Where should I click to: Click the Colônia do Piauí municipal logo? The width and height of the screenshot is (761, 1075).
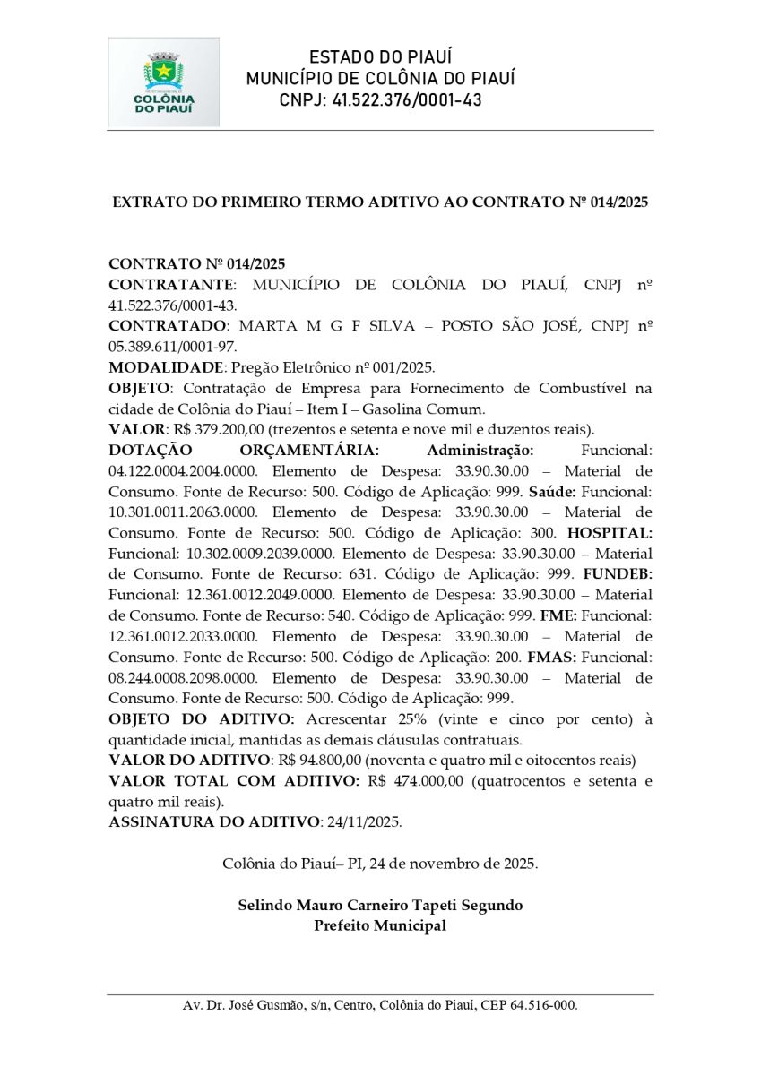tap(164, 82)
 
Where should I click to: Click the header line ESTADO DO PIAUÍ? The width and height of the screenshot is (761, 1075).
tap(380, 57)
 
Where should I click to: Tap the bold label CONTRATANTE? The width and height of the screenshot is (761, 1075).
tap(171, 285)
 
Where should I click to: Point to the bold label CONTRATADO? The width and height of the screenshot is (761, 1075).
tap(167, 326)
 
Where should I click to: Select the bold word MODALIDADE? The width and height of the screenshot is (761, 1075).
tap(166, 367)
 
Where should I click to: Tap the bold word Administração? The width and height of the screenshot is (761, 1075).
tap(480, 450)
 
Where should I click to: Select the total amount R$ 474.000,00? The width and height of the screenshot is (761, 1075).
tap(415, 781)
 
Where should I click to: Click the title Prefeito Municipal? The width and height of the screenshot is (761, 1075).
tap(380, 925)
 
